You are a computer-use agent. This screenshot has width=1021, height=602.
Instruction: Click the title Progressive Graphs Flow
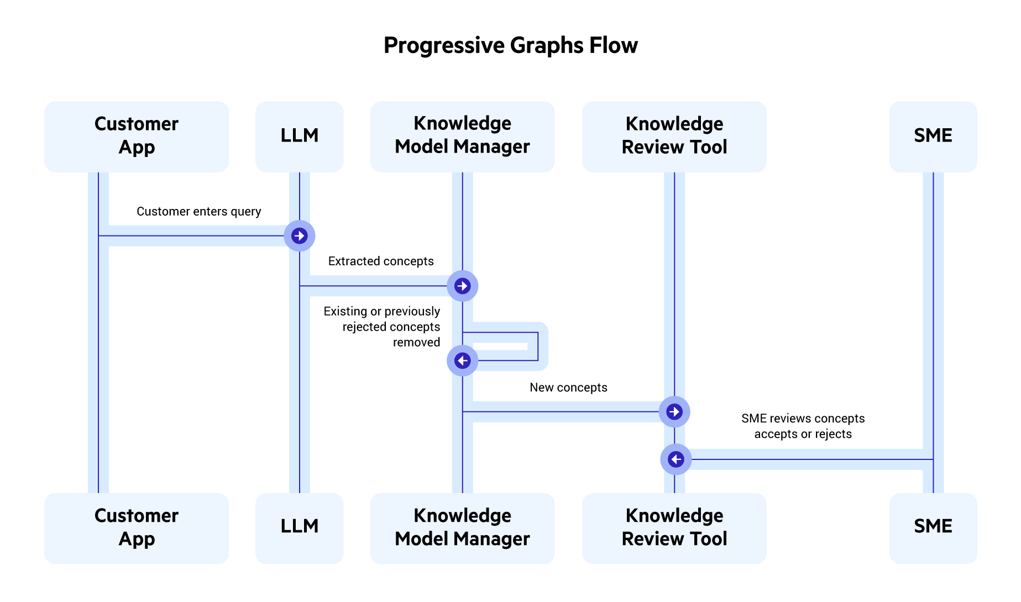(510, 45)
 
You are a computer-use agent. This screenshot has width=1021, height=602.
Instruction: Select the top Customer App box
(137, 136)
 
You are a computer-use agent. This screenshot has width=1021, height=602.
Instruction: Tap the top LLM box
(299, 136)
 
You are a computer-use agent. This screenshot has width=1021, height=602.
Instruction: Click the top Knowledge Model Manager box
(462, 136)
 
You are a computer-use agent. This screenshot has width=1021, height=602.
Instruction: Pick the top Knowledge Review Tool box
(674, 136)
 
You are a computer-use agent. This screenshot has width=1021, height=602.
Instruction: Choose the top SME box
(933, 136)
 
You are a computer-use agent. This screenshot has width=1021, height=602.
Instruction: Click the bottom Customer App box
(137, 528)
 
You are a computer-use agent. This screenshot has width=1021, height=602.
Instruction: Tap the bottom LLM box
(299, 528)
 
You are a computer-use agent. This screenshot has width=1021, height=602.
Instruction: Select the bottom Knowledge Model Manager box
(462, 528)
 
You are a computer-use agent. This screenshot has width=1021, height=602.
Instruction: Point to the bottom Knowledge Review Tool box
(674, 528)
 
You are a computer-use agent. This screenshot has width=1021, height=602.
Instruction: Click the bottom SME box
(933, 528)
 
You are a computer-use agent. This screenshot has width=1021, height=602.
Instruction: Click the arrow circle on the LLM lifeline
(300, 236)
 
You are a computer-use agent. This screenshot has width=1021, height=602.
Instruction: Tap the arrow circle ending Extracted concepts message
(463, 286)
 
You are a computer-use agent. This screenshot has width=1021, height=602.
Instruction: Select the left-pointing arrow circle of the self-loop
(462, 360)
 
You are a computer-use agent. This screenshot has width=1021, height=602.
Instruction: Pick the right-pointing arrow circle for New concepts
(674, 412)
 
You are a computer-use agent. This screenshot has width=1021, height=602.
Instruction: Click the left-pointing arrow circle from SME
(676, 459)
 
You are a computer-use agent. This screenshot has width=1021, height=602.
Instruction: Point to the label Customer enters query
(198, 212)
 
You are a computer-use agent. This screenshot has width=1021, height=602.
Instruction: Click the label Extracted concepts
(381, 261)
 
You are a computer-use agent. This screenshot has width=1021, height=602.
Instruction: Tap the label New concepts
(568, 388)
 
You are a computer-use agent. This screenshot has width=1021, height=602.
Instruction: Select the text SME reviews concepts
(803, 418)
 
